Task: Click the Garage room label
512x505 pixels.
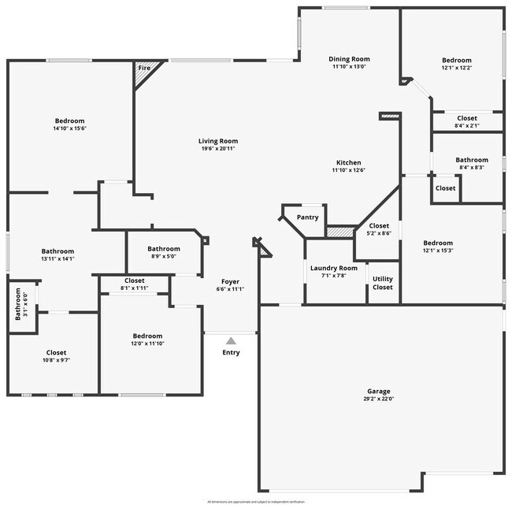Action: coord(378,392)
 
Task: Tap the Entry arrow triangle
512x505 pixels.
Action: coord(231,341)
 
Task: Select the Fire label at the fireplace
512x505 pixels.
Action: coord(144,69)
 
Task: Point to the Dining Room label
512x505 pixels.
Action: coord(349,59)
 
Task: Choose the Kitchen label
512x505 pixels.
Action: coord(348,162)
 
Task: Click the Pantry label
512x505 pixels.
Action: coord(307,218)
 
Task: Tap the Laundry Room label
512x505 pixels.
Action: coord(333,268)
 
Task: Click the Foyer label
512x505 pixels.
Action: coord(230,281)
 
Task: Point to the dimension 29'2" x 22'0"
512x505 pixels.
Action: coord(378,399)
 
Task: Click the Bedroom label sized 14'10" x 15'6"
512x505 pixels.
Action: coord(69,121)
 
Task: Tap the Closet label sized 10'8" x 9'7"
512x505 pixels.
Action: coord(56,352)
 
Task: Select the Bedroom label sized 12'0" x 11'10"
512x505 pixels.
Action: coord(147,336)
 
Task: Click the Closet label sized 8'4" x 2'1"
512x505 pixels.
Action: coord(467,118)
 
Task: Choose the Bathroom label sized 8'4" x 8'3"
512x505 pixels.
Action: coord(472,160)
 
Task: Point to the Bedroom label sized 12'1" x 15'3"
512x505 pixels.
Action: coord(438,243)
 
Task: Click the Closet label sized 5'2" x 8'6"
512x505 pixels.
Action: coord(379,226)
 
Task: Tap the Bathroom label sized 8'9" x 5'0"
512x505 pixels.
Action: coord(164,249)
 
